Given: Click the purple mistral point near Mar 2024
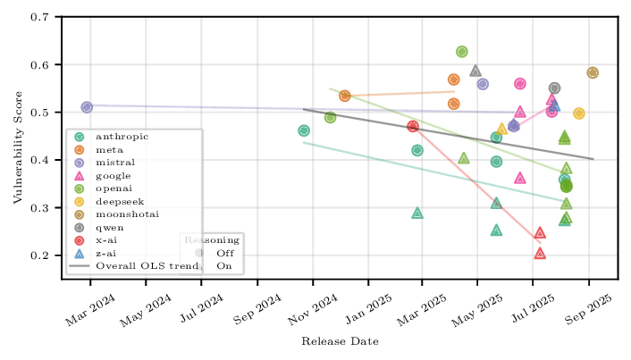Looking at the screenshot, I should [x=87, y=107].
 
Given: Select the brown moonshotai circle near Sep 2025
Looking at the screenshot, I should [x=593, y=73].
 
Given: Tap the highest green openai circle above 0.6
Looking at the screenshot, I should [x=462, y=52].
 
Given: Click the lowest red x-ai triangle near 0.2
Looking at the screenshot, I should [x=540, y=254].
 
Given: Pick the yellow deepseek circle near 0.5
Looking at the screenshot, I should [x=579, y=113].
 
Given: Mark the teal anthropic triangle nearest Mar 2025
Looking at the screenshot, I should [x=417, y=213].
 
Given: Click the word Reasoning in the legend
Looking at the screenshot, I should [x=212, y=239].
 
